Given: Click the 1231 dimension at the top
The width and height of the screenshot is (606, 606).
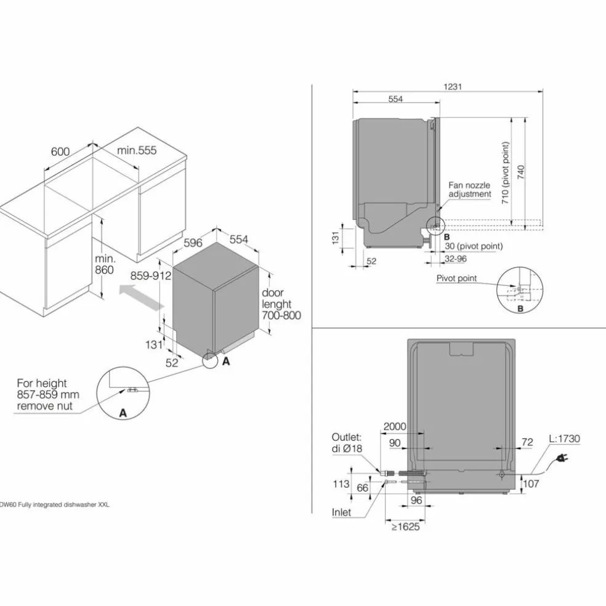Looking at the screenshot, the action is coord(453,87).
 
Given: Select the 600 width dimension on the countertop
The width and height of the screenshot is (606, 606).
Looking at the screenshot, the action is coord(60,151).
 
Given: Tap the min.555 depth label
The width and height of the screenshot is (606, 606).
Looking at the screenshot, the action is coord(137,150).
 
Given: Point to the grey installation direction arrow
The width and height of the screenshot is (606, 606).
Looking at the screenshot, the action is coord(141,297).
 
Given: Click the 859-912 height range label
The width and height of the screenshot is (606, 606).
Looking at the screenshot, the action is coord(151,276).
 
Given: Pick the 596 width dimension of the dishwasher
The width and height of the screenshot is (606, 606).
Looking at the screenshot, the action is coord(193,243).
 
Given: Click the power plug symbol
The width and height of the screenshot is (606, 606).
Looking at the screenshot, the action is coord(562,458).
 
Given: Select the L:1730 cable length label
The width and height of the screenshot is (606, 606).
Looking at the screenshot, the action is coord(564,438).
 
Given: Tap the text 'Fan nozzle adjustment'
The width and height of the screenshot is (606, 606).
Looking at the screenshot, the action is coord(469,190).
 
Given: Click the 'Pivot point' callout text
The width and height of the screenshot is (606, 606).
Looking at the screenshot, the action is coord(456,278).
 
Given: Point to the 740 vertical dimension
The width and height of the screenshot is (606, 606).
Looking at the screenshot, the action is coord(521,172).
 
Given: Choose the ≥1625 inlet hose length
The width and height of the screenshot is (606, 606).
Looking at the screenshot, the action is coord(405,527).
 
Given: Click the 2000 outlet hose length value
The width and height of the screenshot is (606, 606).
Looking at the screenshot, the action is coord(395,426).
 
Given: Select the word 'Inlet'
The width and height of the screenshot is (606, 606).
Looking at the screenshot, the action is coord(341,512).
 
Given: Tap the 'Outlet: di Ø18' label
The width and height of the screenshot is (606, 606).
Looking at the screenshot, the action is coord(347,443).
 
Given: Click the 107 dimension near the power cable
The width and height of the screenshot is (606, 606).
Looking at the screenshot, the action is coord(531,483).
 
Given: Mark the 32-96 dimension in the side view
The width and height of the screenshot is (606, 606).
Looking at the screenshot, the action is coord(456,259).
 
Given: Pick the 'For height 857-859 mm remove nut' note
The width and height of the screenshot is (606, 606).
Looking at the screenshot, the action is coord(48,395).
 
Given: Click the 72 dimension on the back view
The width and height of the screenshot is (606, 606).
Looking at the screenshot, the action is coord(527,442).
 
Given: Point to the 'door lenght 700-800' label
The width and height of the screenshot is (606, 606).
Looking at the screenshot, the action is coord(281,304).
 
